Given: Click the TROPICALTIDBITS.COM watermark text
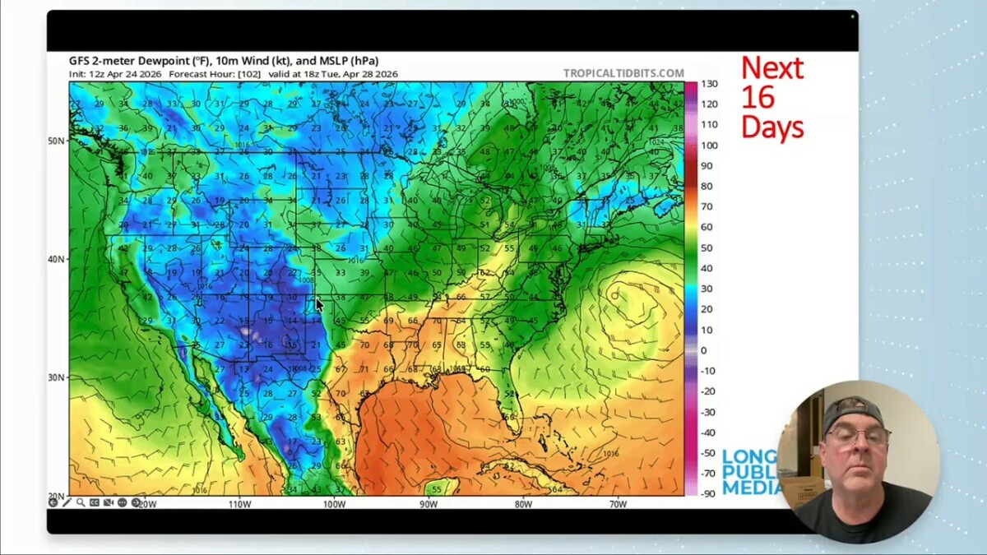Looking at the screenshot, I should [623, 73].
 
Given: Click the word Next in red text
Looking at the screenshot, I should [772, 68].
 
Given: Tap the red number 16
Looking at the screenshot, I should [758, 97].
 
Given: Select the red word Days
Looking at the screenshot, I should [772, 127].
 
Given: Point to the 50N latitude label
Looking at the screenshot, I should [57, 141].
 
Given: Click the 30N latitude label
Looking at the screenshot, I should [57, 377].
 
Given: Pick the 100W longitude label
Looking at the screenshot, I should [334, 504].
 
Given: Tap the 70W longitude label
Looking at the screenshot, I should [618, 504].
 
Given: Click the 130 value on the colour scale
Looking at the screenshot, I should [708, 84].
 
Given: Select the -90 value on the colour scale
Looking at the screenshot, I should [707, 493].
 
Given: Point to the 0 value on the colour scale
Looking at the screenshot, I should [703, 350].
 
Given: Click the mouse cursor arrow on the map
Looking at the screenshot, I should [319, 305].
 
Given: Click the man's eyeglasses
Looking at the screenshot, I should [858, 436].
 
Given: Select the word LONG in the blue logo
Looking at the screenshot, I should [748, 457].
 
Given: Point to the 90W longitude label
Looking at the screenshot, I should [429, 504].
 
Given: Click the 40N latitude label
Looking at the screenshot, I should [57, 259].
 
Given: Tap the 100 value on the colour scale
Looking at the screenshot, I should [708, 146].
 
